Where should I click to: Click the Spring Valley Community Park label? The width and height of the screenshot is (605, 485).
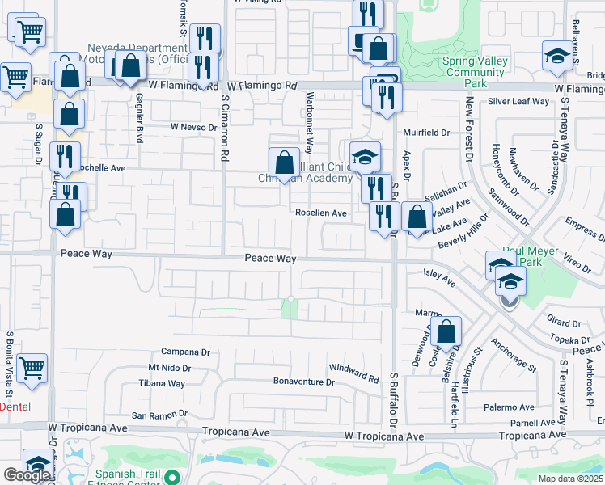pos(476,72)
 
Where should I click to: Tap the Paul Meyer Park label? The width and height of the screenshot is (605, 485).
pos(531,256)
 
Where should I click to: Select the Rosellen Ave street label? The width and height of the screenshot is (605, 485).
pos(320,213)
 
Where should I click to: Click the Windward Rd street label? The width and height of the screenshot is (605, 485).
pos(354,373)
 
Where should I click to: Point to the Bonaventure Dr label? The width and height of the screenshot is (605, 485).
pos(304,382)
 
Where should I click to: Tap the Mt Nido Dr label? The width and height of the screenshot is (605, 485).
pos(169,368)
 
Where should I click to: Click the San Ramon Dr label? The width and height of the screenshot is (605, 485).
pos(159,415)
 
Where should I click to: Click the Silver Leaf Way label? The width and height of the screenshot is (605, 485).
pos(518,102)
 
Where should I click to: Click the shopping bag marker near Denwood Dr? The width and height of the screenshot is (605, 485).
pos(446,330)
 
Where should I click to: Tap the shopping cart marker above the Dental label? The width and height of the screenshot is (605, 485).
pos(32,368)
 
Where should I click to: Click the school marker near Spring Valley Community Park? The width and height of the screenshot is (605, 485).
pos(556,55)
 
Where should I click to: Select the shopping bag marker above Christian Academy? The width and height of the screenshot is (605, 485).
pos(284,162)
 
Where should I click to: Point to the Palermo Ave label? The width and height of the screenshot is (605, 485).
pos(516,407)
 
